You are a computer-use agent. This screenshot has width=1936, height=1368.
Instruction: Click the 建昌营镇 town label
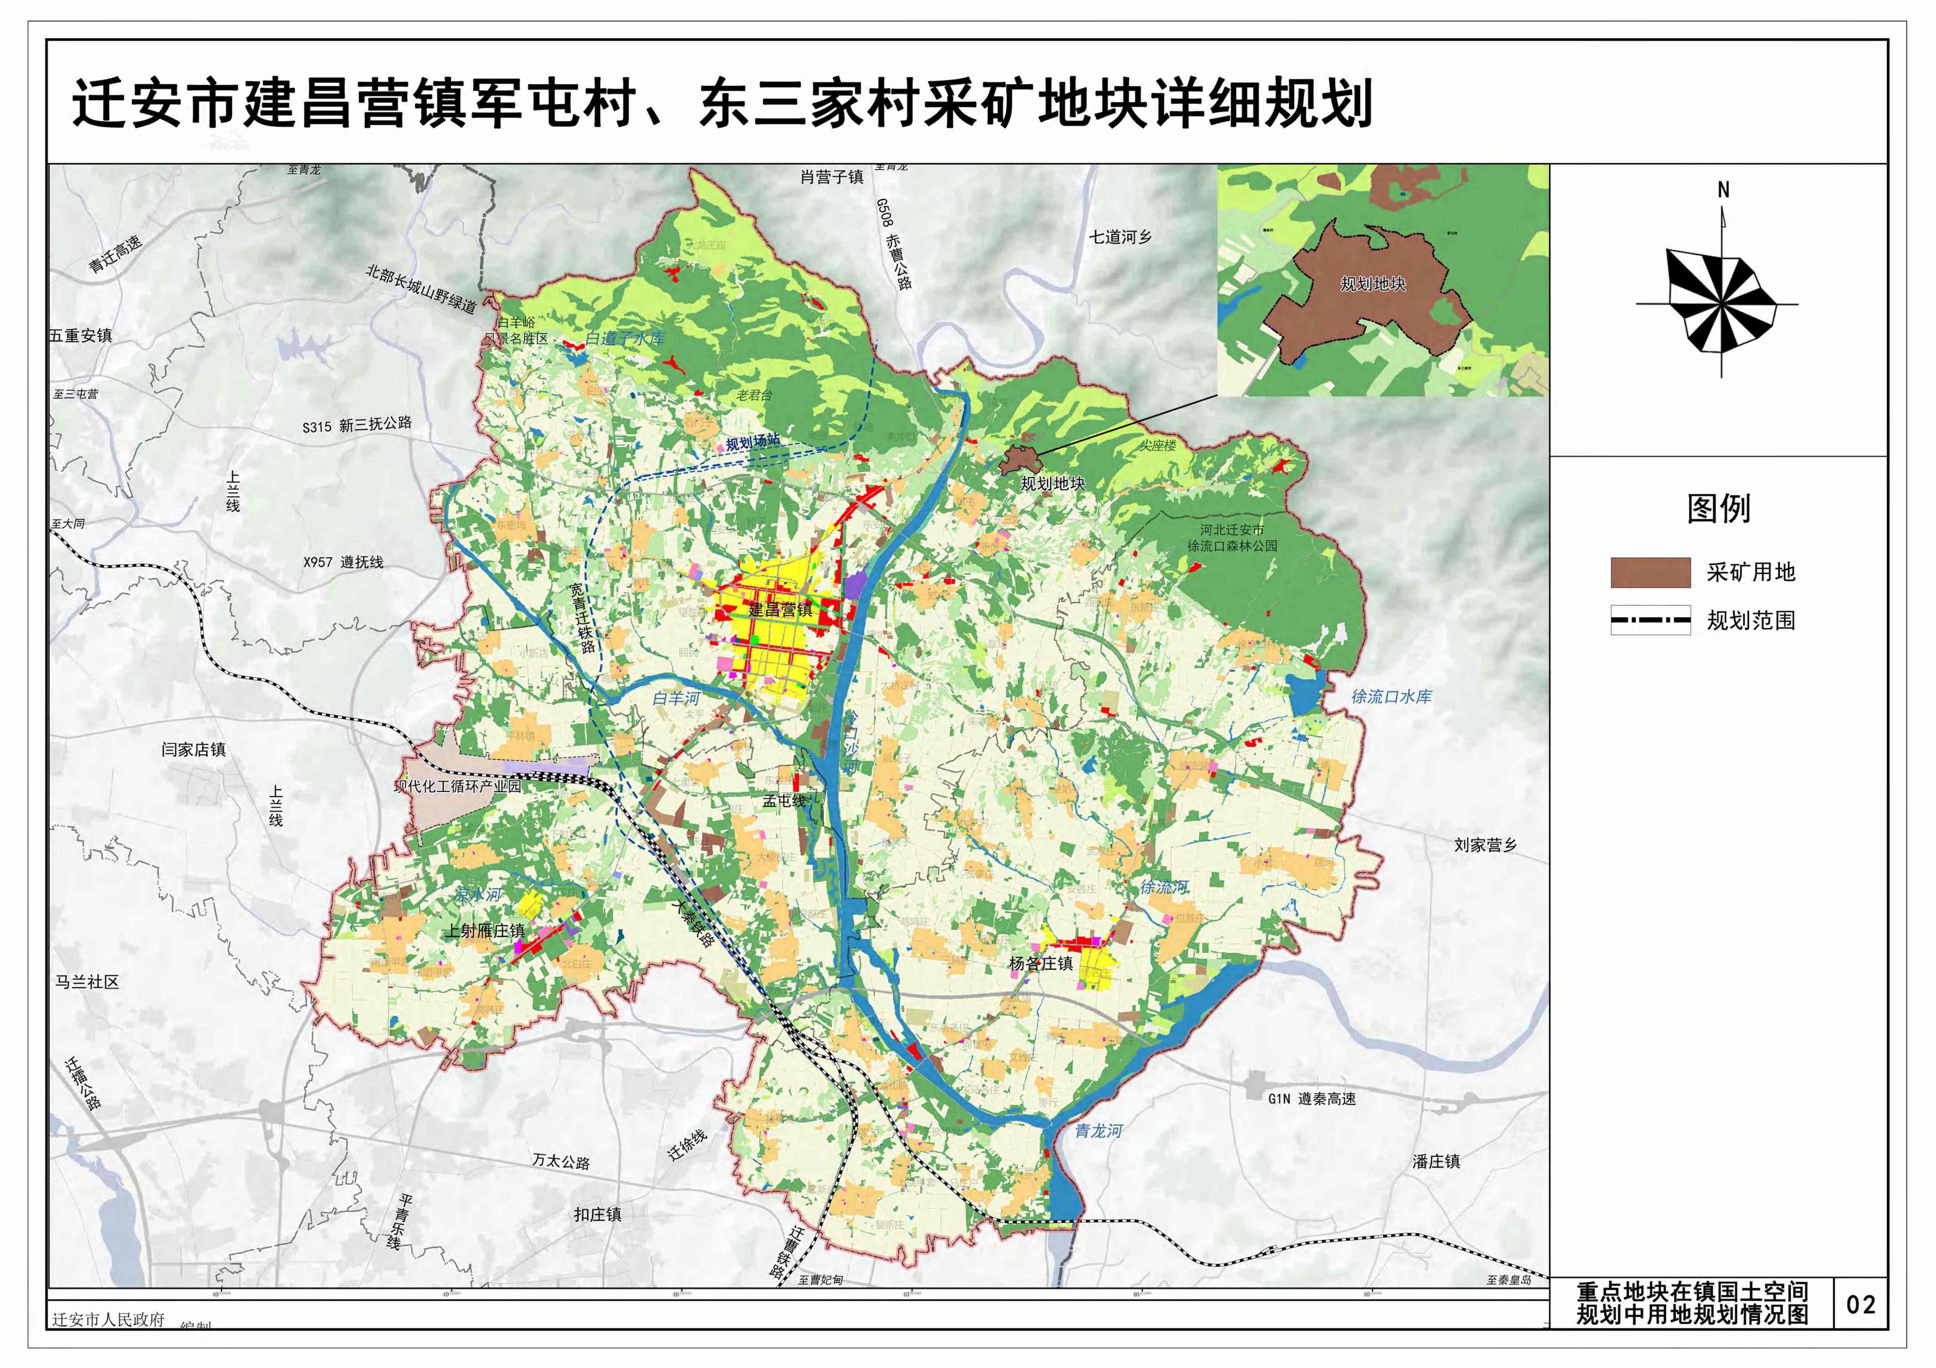point(780,609)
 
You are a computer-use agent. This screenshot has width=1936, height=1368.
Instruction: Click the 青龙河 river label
point(1099,1131)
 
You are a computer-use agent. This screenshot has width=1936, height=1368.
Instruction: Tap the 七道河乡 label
point(1120,237)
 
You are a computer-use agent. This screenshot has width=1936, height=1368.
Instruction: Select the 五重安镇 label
point(81,336)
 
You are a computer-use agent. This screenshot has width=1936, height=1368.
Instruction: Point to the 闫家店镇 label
point(194,749)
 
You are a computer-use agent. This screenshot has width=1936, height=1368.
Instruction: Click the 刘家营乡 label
point(1485,845)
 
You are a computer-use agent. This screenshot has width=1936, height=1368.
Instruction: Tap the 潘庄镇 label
point(1436,1162)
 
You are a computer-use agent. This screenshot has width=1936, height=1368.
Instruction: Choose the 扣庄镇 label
point(598,1215)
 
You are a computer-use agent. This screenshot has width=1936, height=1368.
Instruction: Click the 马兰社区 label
point(88,982)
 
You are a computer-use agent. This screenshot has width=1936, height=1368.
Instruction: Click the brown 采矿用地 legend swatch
point(1650,572)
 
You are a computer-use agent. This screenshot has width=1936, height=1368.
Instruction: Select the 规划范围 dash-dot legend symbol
point(1650,621)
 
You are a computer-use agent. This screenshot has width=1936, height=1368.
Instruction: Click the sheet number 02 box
point(1861,1305)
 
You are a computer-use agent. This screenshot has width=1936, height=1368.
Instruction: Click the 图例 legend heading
point(1718,508)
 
